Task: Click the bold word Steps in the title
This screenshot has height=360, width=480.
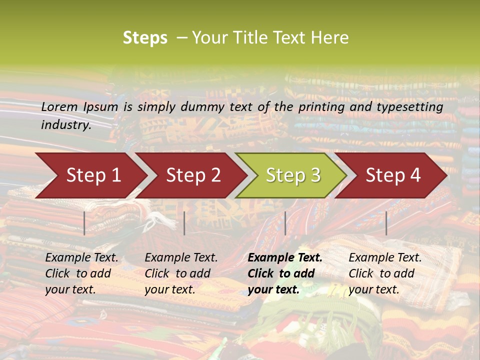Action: click(145, 38)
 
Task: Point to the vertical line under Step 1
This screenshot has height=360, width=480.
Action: click(84, 223)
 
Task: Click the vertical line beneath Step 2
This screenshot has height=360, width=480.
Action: click(184, 223)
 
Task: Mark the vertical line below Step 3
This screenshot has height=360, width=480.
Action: click(285, 223)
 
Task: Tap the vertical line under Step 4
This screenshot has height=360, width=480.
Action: click(386, 223)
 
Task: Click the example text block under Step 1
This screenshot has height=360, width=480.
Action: click(81, 273)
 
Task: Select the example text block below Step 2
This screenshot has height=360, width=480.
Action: click(181, 273)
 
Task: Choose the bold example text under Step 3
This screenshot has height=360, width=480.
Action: click(285, 273)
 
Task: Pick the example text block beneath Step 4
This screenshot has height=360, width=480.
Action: click(385, 273)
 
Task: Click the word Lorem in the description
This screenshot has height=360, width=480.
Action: click(59, 107)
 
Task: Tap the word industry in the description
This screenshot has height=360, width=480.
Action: click(66, 125)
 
